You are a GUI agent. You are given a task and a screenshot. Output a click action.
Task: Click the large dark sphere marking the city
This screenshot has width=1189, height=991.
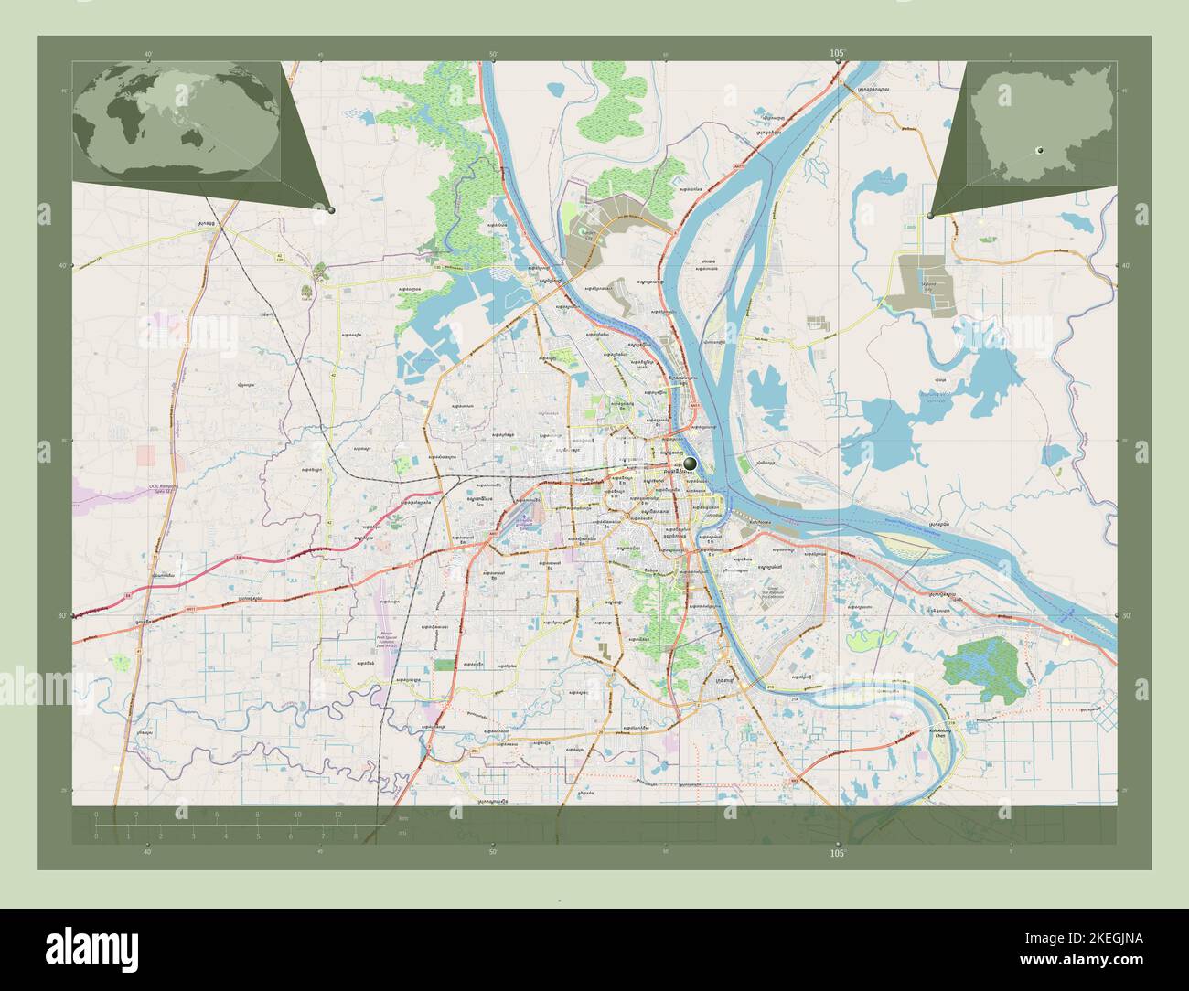click(x=690, y=464)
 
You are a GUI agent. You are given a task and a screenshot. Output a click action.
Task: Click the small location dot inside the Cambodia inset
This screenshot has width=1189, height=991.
click(x=1039, y=149)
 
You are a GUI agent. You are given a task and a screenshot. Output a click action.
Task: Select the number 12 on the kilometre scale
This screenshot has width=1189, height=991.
click(x=337, y=814)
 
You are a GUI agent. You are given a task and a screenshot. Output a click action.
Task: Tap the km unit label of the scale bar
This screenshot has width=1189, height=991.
click(x=402, y=818)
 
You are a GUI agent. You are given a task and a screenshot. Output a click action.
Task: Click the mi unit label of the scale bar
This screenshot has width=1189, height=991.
click(x=402, y=835)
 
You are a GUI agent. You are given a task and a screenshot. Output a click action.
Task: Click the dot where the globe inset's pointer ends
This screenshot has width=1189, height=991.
click(x=331, y=210)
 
